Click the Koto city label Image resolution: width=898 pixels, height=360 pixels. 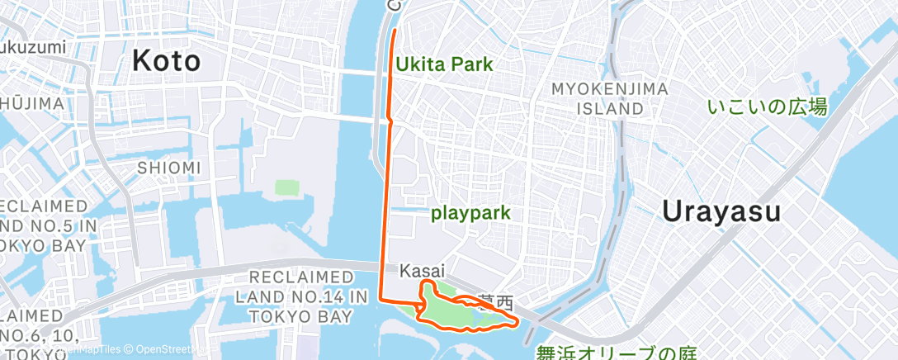(x=166, y=61)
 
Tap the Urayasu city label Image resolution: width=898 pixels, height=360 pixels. (x=721, y=211)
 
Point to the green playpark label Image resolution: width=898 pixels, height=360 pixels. (x=471, y=213)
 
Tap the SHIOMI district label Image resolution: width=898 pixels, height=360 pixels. (x=169, y=168)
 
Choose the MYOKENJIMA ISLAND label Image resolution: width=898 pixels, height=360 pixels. (x=597, y=98)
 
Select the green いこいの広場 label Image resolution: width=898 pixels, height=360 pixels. (x=768, y=107)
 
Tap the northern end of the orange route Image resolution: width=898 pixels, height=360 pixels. (x=394, y=31)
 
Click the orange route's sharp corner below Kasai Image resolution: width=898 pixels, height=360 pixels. (x=380, y=297)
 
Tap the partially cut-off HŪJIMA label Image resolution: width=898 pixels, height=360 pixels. (x=31, y=103)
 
